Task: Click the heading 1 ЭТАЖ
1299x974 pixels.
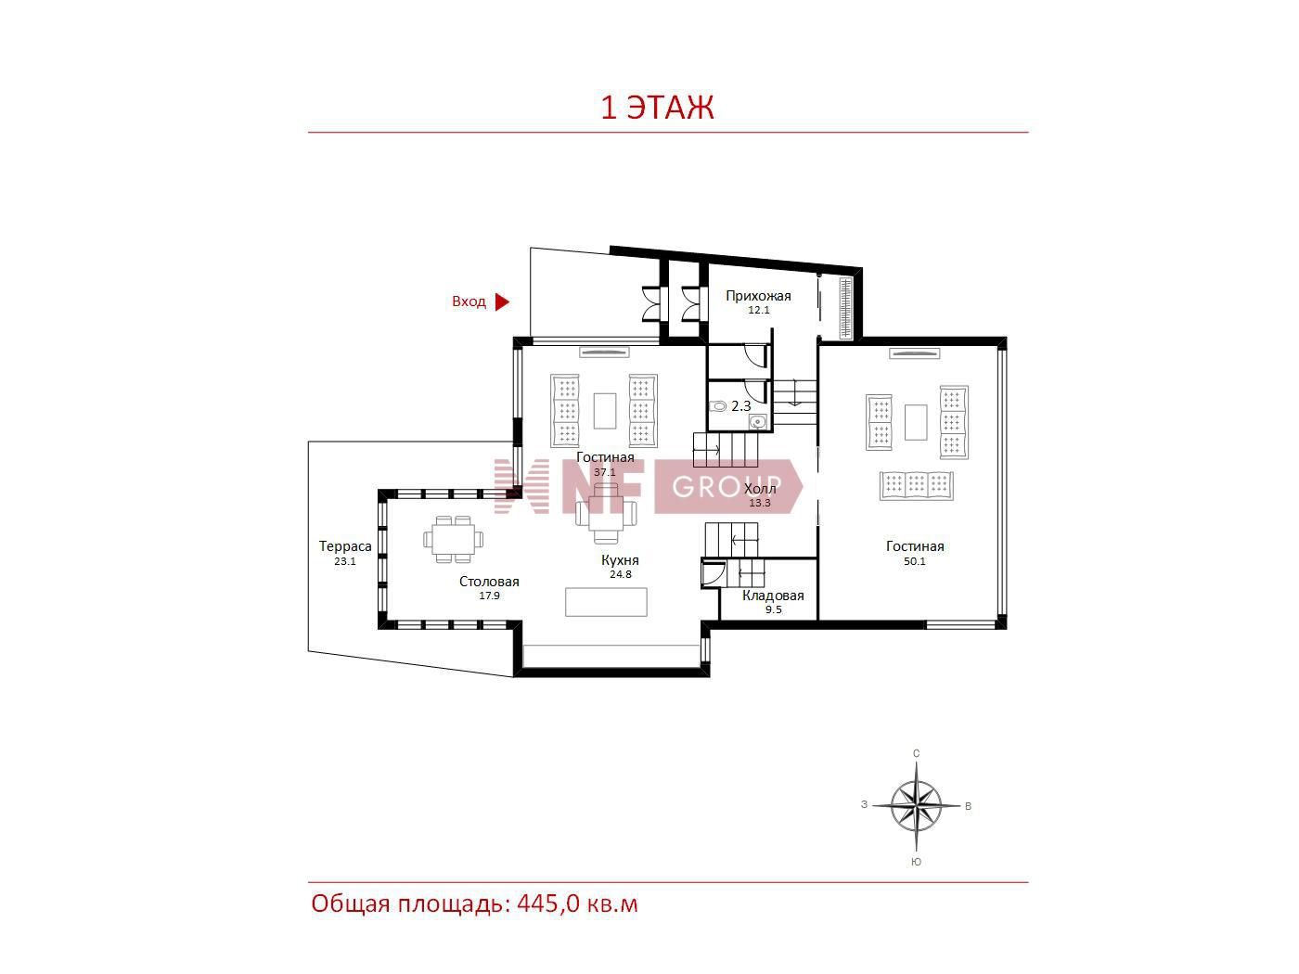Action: coord(657,108)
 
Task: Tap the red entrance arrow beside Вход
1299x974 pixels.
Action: coord(502,302)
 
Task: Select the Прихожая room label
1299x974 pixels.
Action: coord(758,296)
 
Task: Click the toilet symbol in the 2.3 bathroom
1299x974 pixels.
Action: coord(718,406)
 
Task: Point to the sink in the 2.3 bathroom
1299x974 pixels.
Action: coord(757,422)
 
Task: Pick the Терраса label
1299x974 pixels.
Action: coord(345,546)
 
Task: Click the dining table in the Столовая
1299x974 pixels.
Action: coord(453,539)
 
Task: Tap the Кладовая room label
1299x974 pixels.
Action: coord(773,596)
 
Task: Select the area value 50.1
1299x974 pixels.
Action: coord(914,561)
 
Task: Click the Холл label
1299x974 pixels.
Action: coord(760,489)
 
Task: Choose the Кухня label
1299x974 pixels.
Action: coord(620,560)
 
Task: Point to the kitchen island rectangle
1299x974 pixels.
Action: coord(606,602)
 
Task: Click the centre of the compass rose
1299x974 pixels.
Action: coord(916,806)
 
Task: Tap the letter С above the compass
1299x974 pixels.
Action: coord(916,753)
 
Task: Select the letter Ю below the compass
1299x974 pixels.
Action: coord(916,863)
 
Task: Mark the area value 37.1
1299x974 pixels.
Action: coord(605,472)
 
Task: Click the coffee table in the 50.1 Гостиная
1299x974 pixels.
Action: coord(916,422)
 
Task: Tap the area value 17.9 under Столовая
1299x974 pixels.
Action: coord(489,596)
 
